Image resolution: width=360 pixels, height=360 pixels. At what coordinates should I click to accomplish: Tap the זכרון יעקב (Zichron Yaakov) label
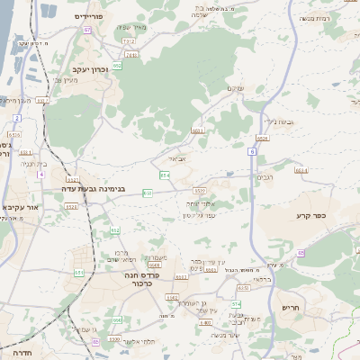coord(92,68)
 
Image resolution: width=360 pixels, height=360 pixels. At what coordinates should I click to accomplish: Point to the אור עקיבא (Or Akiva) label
coord(20,207)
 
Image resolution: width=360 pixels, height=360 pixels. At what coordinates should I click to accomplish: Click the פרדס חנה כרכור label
coord(141,281)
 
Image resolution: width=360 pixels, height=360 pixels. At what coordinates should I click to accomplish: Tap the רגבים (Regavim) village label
coord(266,176)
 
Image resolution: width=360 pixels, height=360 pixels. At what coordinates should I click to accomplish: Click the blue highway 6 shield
coord(253,152)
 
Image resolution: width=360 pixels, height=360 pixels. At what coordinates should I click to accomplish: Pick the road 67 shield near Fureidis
coord(87,30)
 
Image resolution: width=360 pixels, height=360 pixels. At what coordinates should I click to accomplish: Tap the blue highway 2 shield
coord(16,118)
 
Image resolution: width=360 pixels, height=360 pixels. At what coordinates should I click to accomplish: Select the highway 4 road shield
coord(40,174)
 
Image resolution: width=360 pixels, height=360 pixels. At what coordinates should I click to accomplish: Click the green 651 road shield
coord(79,272)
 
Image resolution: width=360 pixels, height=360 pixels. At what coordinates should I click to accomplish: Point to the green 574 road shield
coord(236,305)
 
